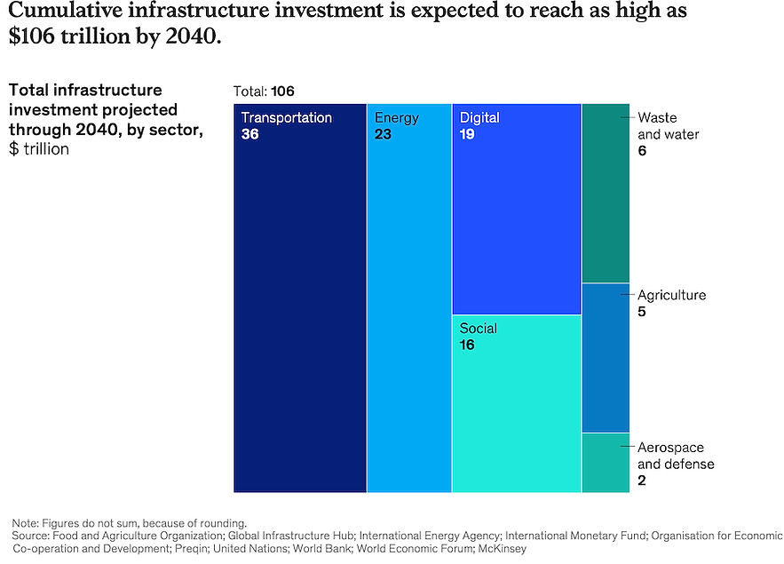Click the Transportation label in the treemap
(x=286, y=117)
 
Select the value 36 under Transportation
(x=250, y=133)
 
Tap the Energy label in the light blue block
(x=396, y=117)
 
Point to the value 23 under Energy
(x=384, y=133)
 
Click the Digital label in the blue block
(x=479, y=117)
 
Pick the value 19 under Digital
(x=467, y=133)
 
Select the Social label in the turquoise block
(x=478, y=329)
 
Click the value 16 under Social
(x=467, y=345)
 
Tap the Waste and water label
(x=668, y=126)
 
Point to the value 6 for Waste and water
(x=642, y=151)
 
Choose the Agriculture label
(x=671, y=295)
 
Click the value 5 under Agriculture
(x=642, y=312)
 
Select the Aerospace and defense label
(x=676, y=456)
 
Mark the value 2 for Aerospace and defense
(x=642, y=481)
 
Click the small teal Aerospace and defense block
(x=606, y=463)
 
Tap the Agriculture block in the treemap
(x=606, y=357)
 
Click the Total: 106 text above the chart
(x=264, y=91)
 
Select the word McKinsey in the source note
(x=502, y=549)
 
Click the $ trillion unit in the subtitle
(x=39, y=148)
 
